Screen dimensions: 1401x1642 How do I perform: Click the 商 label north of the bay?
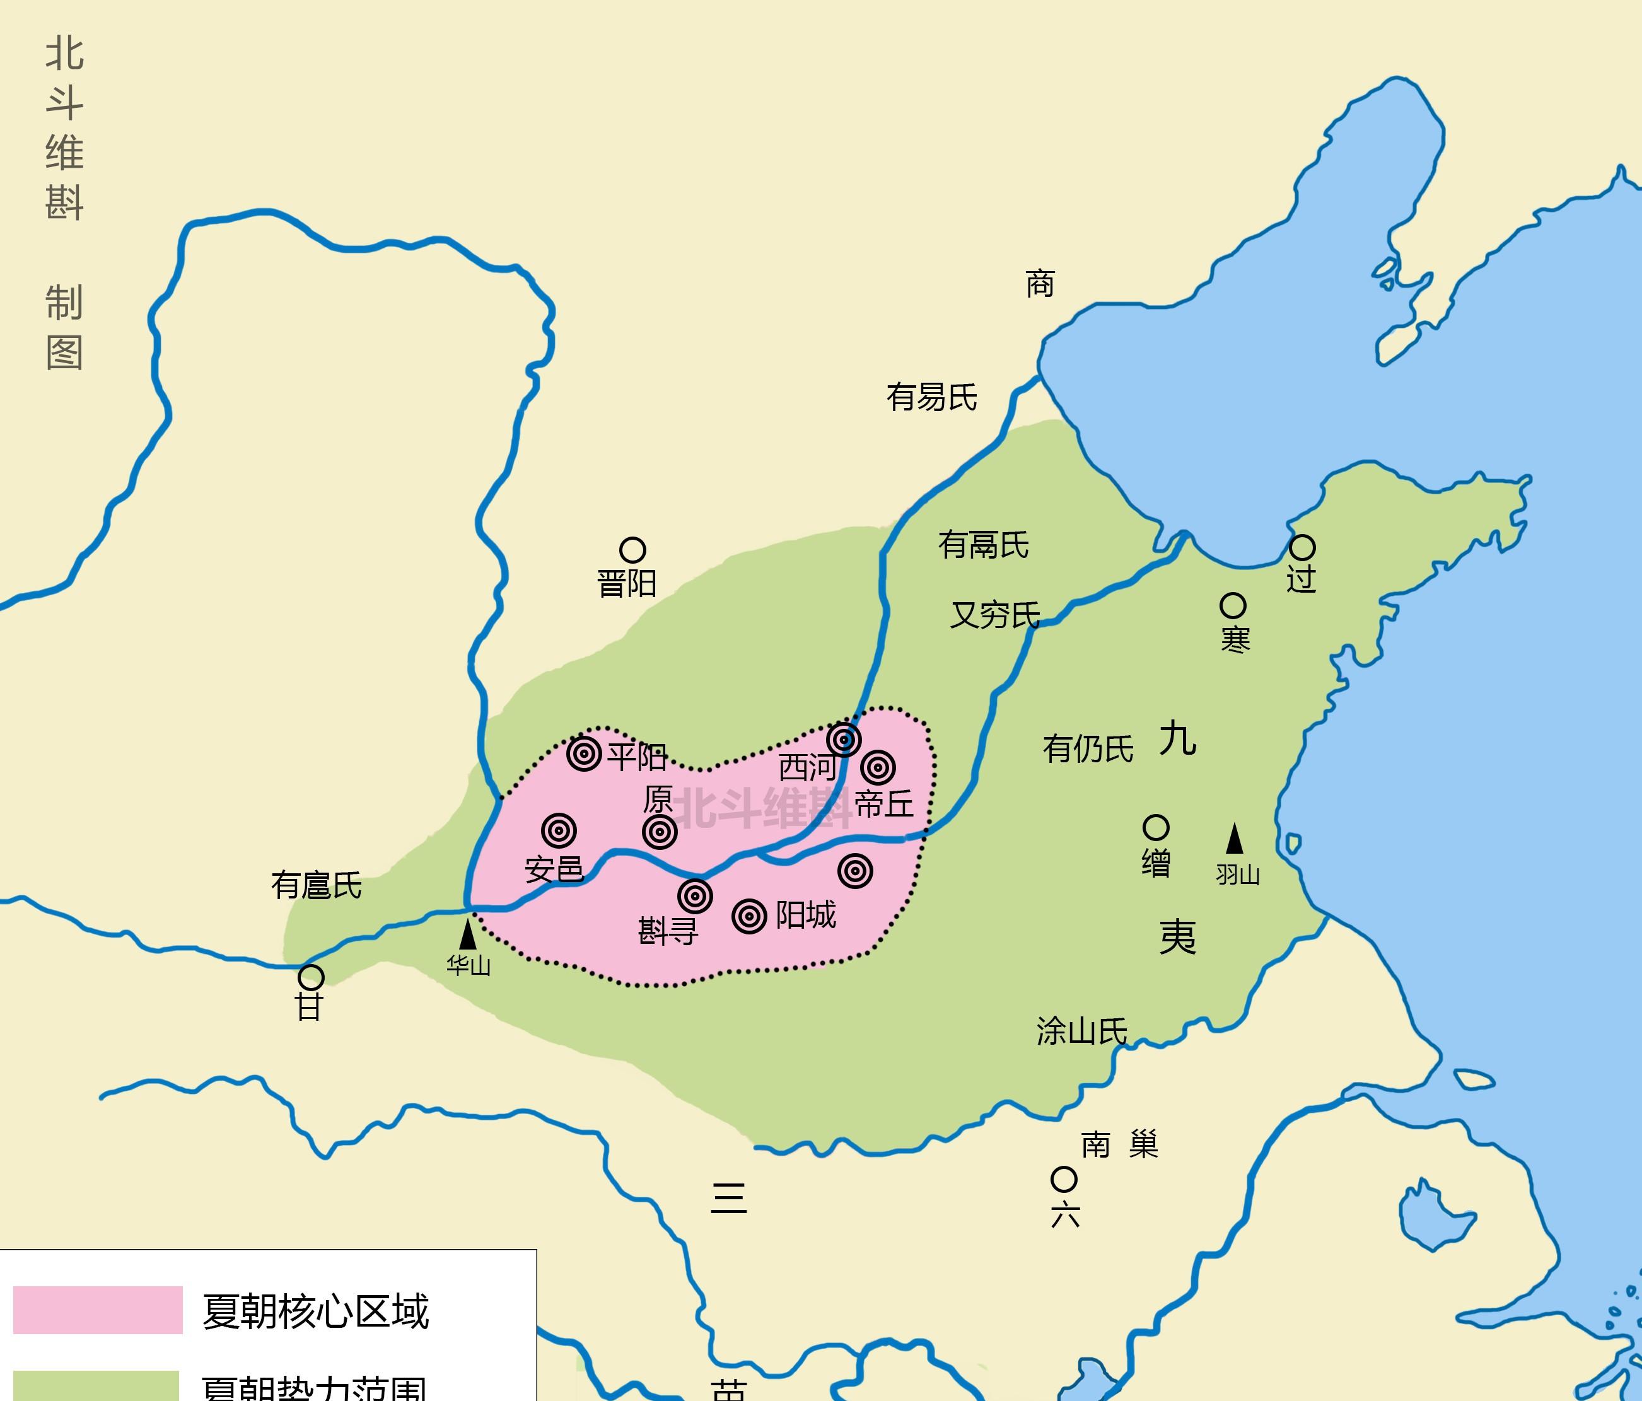1040,284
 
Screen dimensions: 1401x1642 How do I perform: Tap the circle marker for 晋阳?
632,549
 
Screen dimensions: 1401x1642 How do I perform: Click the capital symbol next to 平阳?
583,753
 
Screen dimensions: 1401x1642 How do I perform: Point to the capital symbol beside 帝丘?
878,767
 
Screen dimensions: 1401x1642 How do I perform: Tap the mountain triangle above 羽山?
1234,839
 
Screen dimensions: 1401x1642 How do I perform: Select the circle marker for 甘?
311,977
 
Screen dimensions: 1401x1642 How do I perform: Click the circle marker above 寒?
1232,606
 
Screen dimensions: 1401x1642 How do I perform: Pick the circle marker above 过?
1302,547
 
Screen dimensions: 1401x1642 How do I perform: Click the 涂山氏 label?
1081,1032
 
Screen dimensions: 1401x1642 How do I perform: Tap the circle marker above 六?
1064,1180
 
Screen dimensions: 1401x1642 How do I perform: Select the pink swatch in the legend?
98,1310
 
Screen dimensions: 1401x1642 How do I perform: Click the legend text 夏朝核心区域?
315,1311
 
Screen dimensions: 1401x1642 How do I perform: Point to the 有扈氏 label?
316,885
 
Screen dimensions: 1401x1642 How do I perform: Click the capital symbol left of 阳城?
749,917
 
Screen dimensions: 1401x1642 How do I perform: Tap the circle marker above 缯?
1155,828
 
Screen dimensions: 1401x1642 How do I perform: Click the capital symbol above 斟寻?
695,896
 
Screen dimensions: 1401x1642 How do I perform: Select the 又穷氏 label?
994,615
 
